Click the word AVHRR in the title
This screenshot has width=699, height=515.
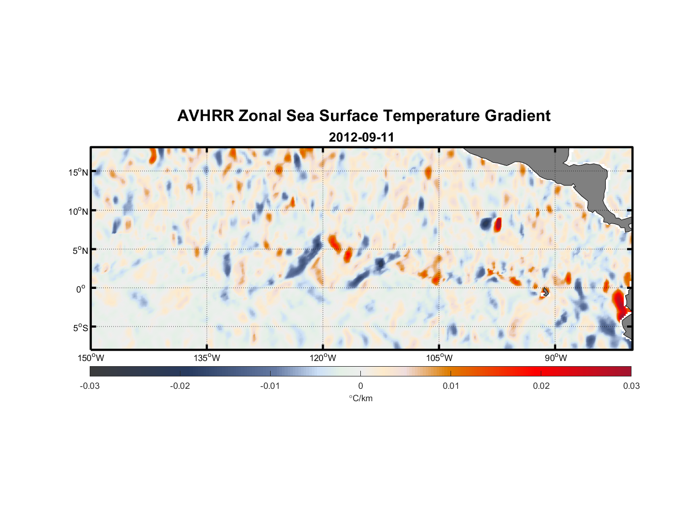click(205, 116)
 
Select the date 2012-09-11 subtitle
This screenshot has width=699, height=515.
click(361, 138)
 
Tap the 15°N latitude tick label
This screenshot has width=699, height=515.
click(78, 172)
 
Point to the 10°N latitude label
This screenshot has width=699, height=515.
click(78, 211)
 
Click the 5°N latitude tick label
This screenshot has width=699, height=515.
click(80, 250)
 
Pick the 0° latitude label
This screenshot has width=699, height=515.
click(81, 289)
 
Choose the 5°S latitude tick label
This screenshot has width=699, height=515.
click(80, 328)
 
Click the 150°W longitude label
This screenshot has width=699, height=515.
click(91, 358)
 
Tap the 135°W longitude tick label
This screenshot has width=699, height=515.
click(207, 358)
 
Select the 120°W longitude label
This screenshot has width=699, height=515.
click(323, 358)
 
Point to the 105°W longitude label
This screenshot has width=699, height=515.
click(439, 358)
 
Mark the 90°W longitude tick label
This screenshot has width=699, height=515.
click(556, 358)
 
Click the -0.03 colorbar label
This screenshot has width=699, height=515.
click(90, 386)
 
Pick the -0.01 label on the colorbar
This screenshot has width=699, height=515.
click(270, 386)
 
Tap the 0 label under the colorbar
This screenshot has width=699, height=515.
click(360, 386)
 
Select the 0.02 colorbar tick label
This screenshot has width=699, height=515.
click(541, 386)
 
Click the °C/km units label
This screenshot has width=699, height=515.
click(360, 398)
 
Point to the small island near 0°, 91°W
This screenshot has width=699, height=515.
click(545, 291)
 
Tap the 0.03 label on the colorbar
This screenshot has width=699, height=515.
click(631, 386)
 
